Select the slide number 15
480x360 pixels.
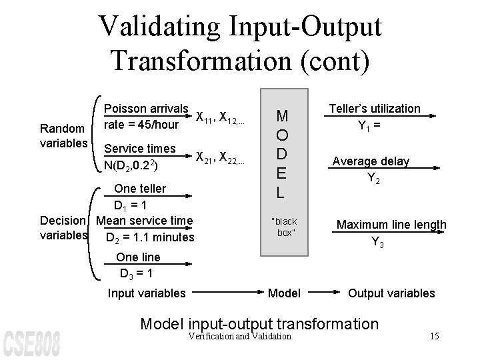[x=435, y=335]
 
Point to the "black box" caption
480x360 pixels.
[x=284, y=227]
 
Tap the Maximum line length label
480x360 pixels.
[x=391, y=225]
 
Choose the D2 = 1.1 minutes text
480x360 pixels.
[x=150, y=237]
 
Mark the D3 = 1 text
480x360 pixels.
[x=137, y=273]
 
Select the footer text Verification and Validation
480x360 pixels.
[x=241, y=336]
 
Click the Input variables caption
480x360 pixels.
[x=147, y=293]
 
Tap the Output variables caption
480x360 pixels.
[x=391, y=293]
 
